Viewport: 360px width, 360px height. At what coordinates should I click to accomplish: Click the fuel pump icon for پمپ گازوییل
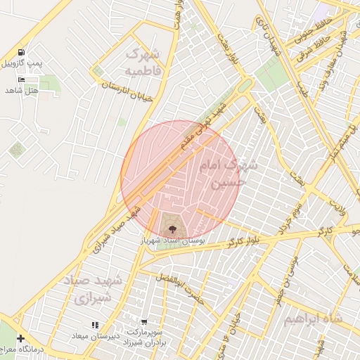coord(22,52)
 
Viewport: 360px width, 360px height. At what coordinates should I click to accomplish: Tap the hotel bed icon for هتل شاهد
coord(21,79)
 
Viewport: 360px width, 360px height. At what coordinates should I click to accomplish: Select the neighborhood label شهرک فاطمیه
coord(143,63)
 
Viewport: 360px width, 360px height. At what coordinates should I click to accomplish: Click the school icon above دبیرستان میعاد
coord(94,325)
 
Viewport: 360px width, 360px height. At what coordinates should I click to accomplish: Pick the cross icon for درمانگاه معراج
coord(20,338)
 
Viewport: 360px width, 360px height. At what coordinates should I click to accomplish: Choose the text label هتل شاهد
coord(20,90)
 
